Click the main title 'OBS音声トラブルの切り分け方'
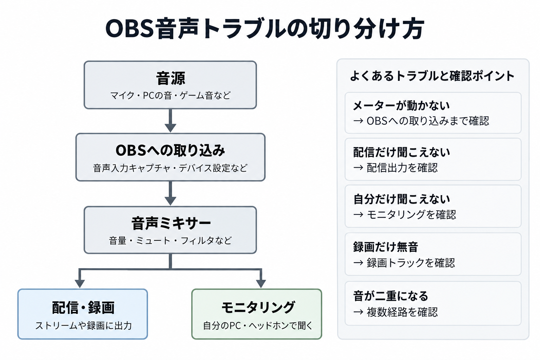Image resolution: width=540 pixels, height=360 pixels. (264, 29)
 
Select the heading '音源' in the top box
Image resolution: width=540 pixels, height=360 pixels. (171, 78)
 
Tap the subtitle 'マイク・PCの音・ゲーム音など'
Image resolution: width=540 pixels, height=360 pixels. (171, 96)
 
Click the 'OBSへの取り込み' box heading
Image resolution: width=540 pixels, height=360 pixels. (170, 150)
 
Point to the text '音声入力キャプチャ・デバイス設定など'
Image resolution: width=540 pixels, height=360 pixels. (170, 168)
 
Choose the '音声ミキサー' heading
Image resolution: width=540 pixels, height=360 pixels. (171, 223)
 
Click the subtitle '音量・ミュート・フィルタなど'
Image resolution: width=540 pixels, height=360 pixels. (170, 240)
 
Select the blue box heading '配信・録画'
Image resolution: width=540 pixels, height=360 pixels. (83, 307)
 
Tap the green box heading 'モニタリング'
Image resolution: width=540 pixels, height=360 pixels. (258, 307)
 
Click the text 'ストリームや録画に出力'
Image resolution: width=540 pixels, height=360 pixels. (83, 326)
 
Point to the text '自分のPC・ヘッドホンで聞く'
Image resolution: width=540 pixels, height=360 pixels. (258, 326)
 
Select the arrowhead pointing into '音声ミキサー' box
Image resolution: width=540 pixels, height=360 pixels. (171, 201)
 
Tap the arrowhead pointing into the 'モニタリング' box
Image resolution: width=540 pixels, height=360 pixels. (261, 284)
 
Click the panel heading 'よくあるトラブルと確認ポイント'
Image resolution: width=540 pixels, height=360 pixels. (432, 76)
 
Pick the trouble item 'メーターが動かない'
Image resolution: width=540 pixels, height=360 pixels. (401, 105)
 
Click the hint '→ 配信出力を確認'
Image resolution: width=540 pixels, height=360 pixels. (396, 168)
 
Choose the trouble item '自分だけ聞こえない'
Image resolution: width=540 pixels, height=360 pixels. (401, 199)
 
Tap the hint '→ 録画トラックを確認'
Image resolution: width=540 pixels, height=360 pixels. (404, 263)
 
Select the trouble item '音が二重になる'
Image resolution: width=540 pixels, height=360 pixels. (391, 296)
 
